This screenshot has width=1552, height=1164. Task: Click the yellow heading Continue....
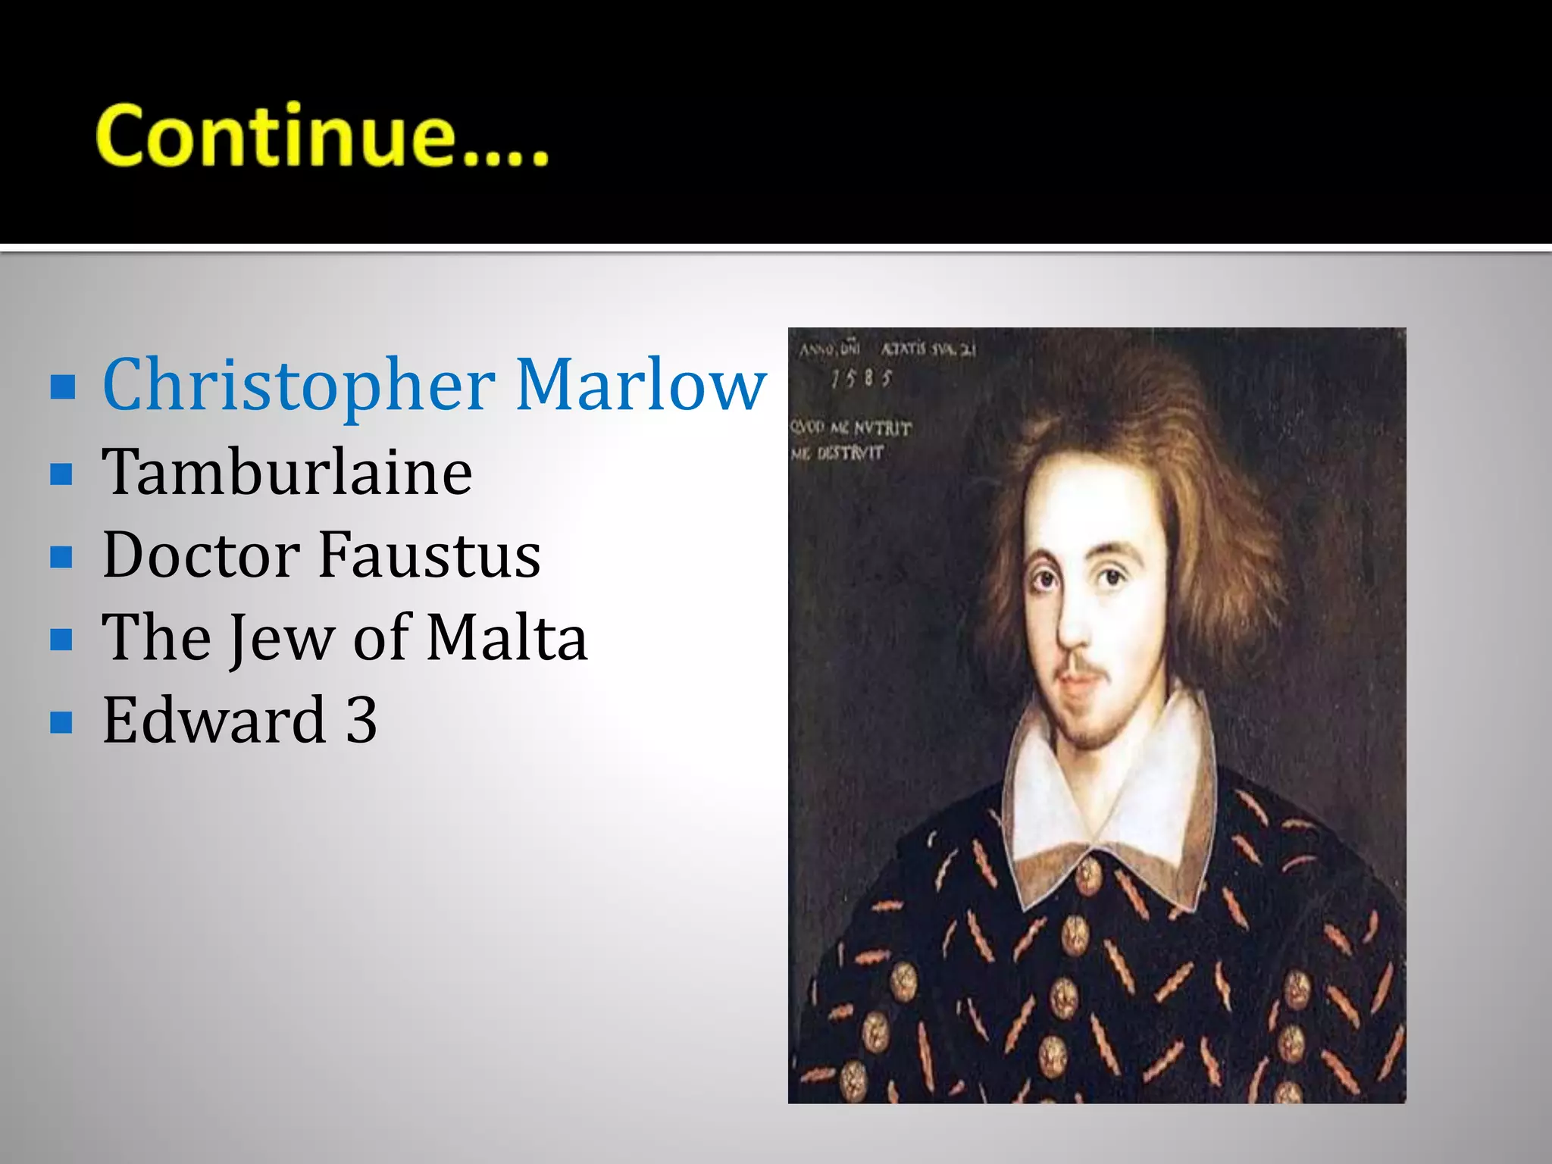321,136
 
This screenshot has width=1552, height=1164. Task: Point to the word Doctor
201,555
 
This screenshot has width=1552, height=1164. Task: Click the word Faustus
429,555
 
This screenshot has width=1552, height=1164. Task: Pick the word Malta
506,637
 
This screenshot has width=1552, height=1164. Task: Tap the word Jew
281,639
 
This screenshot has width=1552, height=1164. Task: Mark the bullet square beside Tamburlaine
62,475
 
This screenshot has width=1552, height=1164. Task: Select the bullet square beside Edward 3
62,722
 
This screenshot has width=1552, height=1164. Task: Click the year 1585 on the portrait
862,377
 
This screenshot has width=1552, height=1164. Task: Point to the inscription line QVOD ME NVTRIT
850,428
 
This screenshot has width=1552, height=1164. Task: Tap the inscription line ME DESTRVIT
837,453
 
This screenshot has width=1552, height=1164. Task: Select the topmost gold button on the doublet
1089,877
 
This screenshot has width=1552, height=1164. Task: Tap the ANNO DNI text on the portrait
828,350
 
